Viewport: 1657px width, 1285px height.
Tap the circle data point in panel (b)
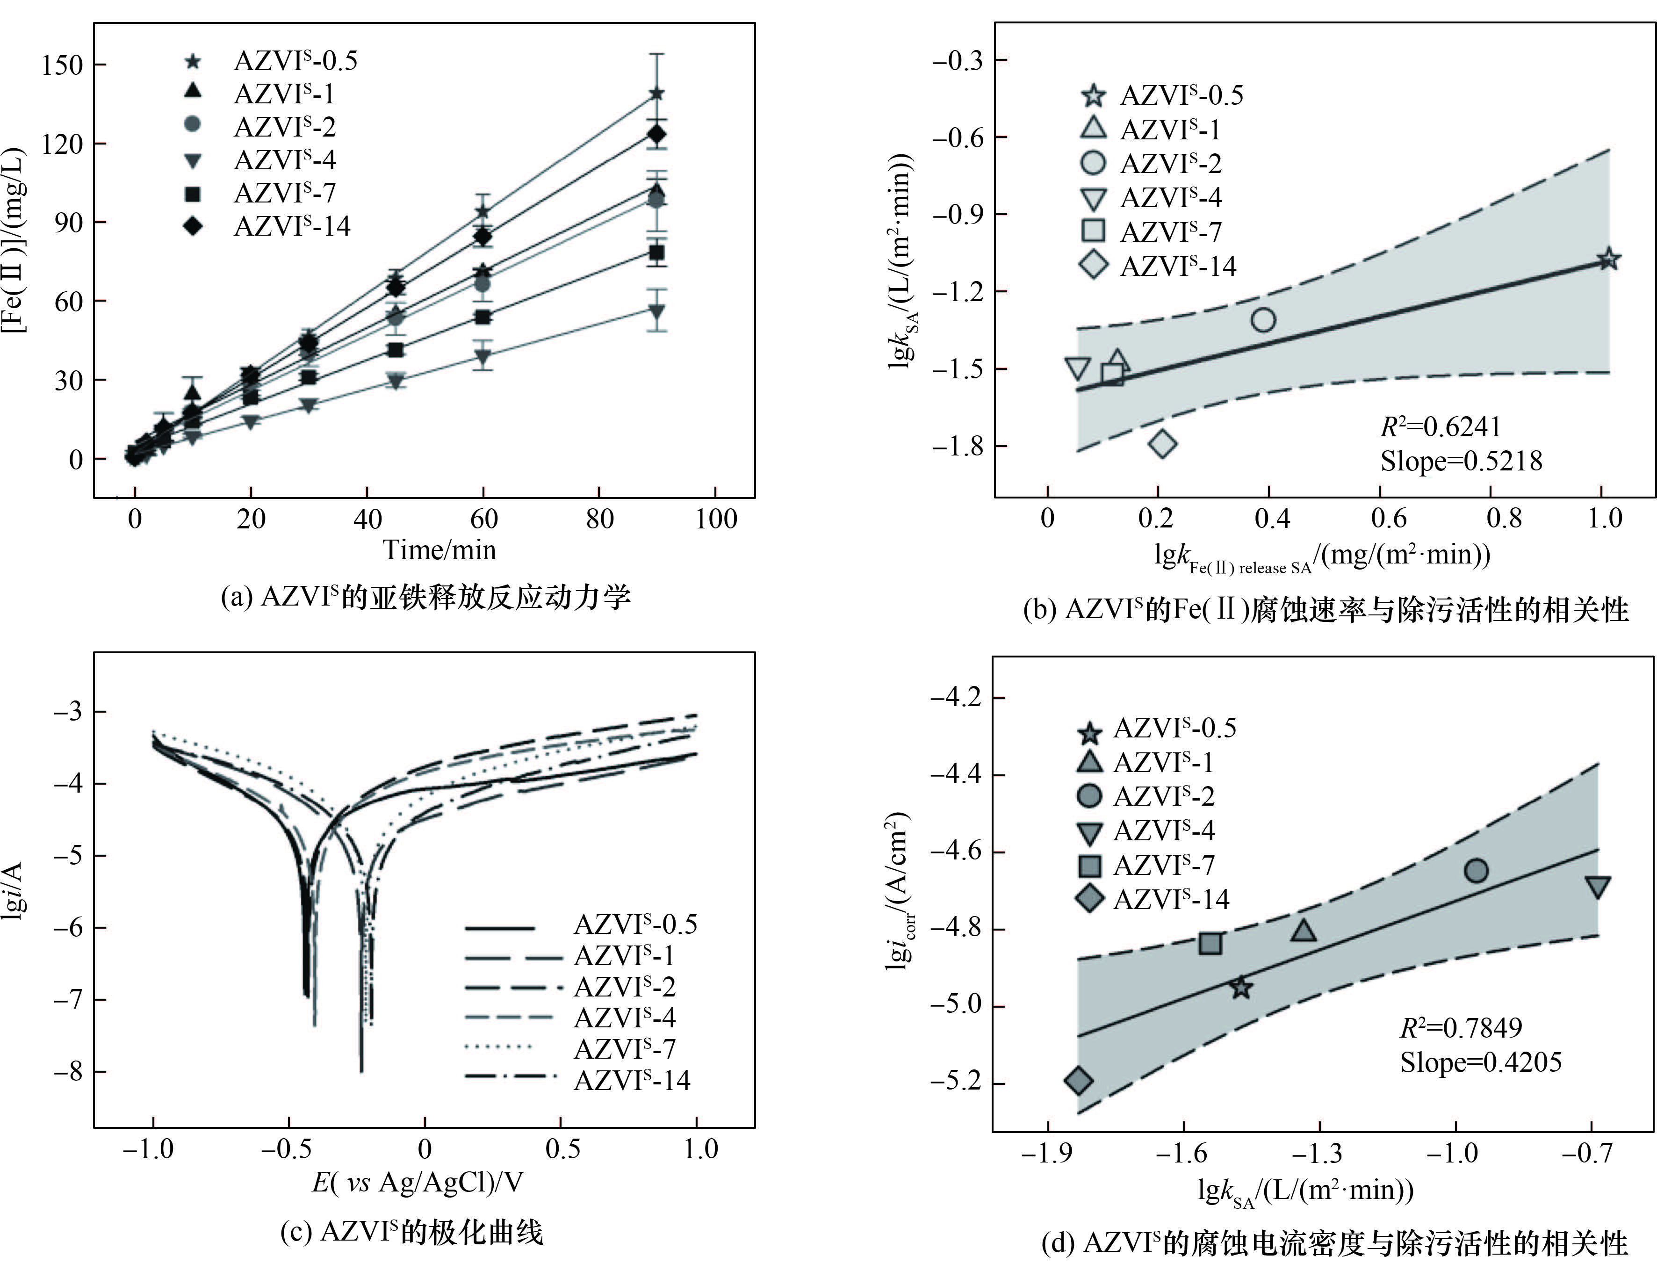coord(1262,319)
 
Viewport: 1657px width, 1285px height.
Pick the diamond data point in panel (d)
coord(1078,1081)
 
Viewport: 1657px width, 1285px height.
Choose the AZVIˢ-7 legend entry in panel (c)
coord(624,1048)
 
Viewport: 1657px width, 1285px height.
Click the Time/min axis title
coord(439,549)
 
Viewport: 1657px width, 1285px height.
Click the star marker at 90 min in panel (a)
coord(657,94)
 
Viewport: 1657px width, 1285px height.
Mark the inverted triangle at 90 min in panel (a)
coord(657,311)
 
